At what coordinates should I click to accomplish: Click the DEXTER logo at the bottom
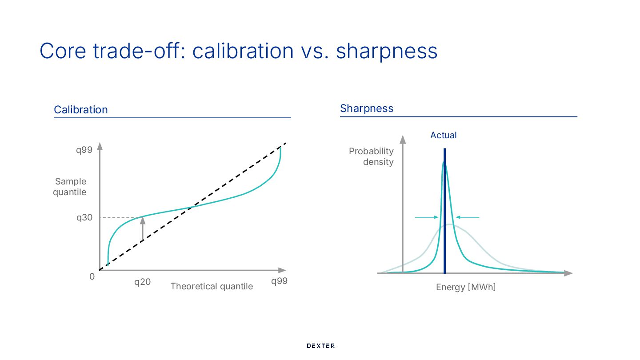320,346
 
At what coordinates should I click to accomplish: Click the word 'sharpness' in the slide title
387,51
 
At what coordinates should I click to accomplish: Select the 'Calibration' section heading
80,110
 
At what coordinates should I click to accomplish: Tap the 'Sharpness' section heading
367,108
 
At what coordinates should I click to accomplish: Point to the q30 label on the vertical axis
84,217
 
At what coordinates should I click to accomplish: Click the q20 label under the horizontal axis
143,282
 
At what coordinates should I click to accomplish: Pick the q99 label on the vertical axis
84,150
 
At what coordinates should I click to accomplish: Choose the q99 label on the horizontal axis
280,281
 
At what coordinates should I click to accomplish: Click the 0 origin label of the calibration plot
92,276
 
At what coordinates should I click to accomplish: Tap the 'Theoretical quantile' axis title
212,286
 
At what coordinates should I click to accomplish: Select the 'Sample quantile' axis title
71,187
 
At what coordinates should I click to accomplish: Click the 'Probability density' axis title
372,156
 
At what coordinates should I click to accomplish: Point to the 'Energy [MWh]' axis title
466,287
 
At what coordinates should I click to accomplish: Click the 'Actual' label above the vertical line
443,135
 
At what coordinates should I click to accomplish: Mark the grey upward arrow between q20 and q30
143,229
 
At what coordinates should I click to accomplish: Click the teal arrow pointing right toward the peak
426,217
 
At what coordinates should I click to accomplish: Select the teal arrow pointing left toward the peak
468,217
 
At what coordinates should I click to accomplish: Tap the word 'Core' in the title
63,51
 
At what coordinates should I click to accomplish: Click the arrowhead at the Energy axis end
568,273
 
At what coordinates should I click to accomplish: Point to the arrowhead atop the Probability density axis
403,139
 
